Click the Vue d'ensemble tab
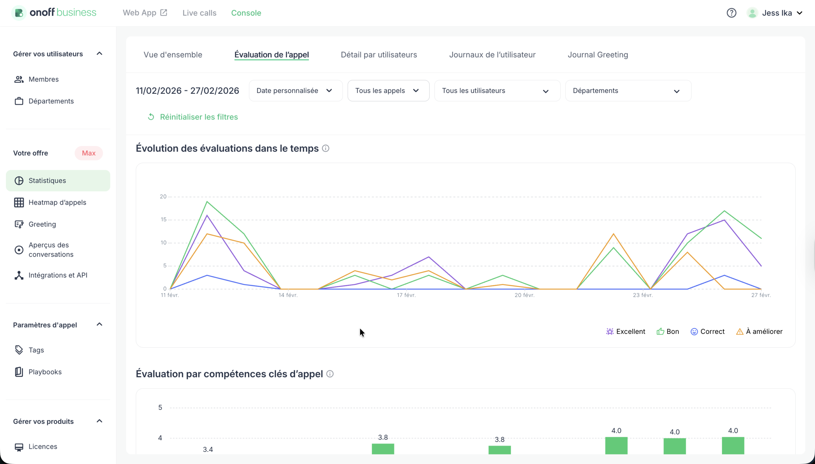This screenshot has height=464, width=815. click(x=173, y=54)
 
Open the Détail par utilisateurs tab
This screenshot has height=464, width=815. click(x=379, y=54)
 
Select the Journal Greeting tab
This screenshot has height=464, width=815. click(x=598, y=54)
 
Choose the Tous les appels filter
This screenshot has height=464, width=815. click(x=388, y=90)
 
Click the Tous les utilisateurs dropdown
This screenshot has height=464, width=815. click(x=497, y=90)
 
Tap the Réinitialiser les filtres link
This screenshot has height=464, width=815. click(x=199, y=117)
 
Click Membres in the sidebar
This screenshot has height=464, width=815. click(x=43, y=79)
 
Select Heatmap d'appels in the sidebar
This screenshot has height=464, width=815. click(x=57, y=202)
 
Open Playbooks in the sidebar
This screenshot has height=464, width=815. click(x=45, y=372)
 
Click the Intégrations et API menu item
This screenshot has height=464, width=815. click(x=58, y=275)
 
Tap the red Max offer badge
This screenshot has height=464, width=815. click(x=89, y=153)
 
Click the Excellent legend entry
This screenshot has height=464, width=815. click(x=626, y=331)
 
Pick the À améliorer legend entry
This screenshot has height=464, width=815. click(x=760, y=331)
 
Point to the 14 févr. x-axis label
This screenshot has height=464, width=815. click(x=288, y=295)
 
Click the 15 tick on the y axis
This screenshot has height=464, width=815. click(x=164, y=220)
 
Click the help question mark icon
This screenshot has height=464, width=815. click(x=732, y=13)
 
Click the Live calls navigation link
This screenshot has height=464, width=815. click(x=199, y=13)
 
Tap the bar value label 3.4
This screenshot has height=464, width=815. click(x=208, y=449)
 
